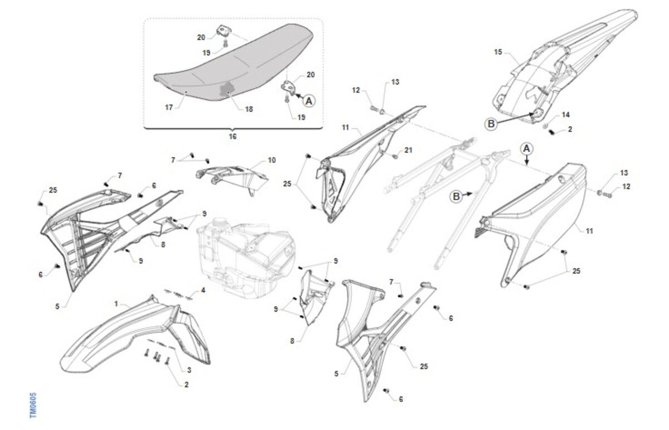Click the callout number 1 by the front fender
116,304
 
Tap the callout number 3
189,370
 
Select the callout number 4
203,290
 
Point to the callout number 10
272,160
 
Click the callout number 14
566,115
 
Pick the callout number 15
498,52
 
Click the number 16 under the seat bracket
232,137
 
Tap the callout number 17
169,107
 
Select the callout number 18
249,109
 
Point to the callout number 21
408,150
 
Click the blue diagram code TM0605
33,405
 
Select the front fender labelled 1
135,334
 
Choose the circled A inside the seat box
309,101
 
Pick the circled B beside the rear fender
491,124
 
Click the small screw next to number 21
395,157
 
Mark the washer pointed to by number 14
545,126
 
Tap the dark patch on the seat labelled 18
227,89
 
